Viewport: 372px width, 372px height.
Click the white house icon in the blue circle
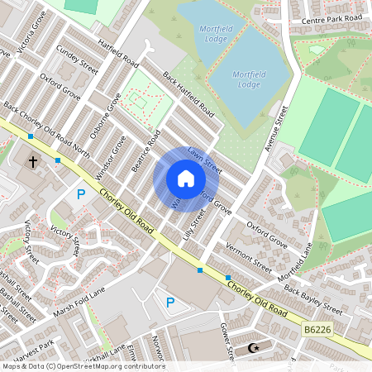tap(186, 179)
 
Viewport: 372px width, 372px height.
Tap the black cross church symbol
tap(33, 161)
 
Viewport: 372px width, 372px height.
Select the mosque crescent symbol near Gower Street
tap(255, 348)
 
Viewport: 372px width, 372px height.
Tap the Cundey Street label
tap(77, 60)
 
